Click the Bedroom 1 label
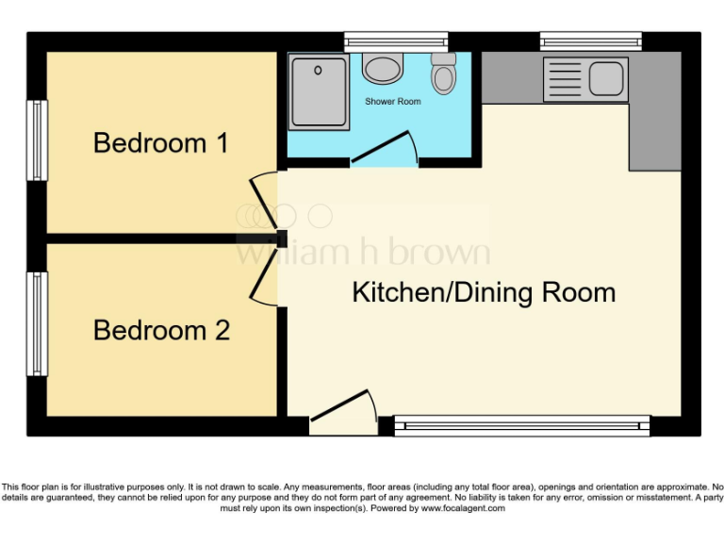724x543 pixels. pos(161,144)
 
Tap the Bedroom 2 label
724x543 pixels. pos(161,331)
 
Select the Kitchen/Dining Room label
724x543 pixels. pos(484,292)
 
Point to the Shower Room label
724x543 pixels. pos(393,101)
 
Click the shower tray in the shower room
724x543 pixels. pos(320,92)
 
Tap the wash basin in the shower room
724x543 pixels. pos(383,68)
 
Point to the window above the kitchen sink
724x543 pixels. pos(591,41)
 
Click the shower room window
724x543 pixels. pos(395,41)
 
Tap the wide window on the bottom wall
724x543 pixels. pos(521,425)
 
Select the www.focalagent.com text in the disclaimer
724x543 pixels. pos(463,508)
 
